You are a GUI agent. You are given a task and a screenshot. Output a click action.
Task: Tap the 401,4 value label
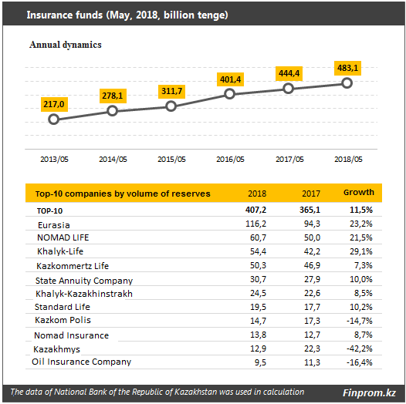tap(230, 79)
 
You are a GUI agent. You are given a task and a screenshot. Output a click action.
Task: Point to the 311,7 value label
tap(171, 91)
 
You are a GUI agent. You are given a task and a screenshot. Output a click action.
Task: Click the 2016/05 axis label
tap(230, 159)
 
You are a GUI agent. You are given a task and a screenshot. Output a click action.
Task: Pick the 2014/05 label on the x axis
tap(113, 159)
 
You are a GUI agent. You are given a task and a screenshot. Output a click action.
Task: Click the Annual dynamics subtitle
tap(66, 45)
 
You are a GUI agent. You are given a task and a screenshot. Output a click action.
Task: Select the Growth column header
tap(359, 192)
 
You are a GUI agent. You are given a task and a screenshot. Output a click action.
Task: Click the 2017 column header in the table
tap(311, 194)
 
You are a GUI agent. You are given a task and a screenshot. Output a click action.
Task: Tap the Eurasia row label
tap(54, 225)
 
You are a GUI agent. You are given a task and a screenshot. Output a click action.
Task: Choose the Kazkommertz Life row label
tap(73, 266)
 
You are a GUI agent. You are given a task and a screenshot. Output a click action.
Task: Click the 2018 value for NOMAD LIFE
tap(258, 237)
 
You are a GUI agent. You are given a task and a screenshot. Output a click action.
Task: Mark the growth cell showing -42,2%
tap(360, 348)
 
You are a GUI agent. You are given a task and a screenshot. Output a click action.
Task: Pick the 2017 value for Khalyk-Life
tap(312, 251)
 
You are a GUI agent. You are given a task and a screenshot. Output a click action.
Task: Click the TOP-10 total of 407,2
tap(255, 210)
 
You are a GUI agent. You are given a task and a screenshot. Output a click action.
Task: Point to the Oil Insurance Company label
tap(81, 362)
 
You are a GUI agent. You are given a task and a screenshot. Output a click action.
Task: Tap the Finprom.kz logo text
tap(369, 392)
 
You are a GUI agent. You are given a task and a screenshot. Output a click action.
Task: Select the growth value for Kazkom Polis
tap(360, 321)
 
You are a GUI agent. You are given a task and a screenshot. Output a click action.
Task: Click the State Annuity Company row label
tap(84, 281)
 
